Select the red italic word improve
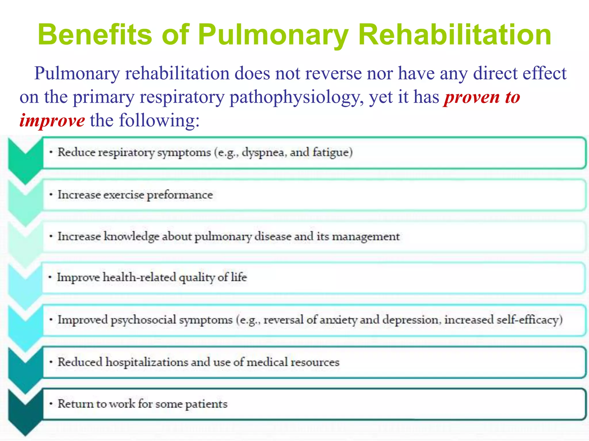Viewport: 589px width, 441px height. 52,120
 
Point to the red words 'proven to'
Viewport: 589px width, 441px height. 482,97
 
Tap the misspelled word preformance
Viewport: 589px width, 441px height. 180,195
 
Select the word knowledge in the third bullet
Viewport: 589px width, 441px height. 131,236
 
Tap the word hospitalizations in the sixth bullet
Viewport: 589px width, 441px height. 147,362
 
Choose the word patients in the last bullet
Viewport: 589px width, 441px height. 206,404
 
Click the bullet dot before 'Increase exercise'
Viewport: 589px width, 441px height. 51,195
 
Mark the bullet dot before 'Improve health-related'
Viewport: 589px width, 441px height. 50,277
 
